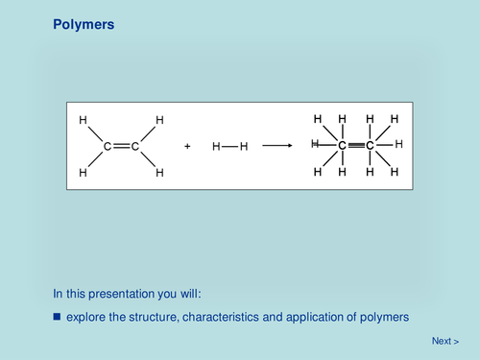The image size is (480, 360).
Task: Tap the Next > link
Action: [x=444, y=341]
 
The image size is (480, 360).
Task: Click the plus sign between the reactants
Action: [x=187, y=147]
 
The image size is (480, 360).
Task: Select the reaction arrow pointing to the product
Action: [x=277, y=146]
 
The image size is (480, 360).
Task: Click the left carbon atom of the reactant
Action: [x=108, y=147]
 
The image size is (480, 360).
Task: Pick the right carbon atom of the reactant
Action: [x=135, y=147]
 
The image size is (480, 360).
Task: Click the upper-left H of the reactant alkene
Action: [x=84, y=120]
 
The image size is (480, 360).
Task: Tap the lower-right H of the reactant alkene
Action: [x=159, y=174]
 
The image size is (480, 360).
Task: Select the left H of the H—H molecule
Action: [x=216, y=147]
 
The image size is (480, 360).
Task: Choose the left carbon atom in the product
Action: [x=342, y=145]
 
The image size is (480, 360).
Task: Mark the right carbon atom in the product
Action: [x=371, y=145]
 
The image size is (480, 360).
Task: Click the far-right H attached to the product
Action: [x=398, y=144]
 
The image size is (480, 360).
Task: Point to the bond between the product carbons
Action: [x=356, y=145]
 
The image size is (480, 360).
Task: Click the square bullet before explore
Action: [x=57, y=316]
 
